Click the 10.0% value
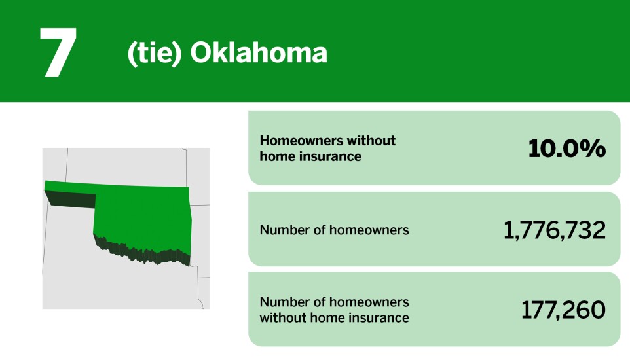566,149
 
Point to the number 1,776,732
554,230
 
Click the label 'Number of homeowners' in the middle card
334,230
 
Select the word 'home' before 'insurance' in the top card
274,157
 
